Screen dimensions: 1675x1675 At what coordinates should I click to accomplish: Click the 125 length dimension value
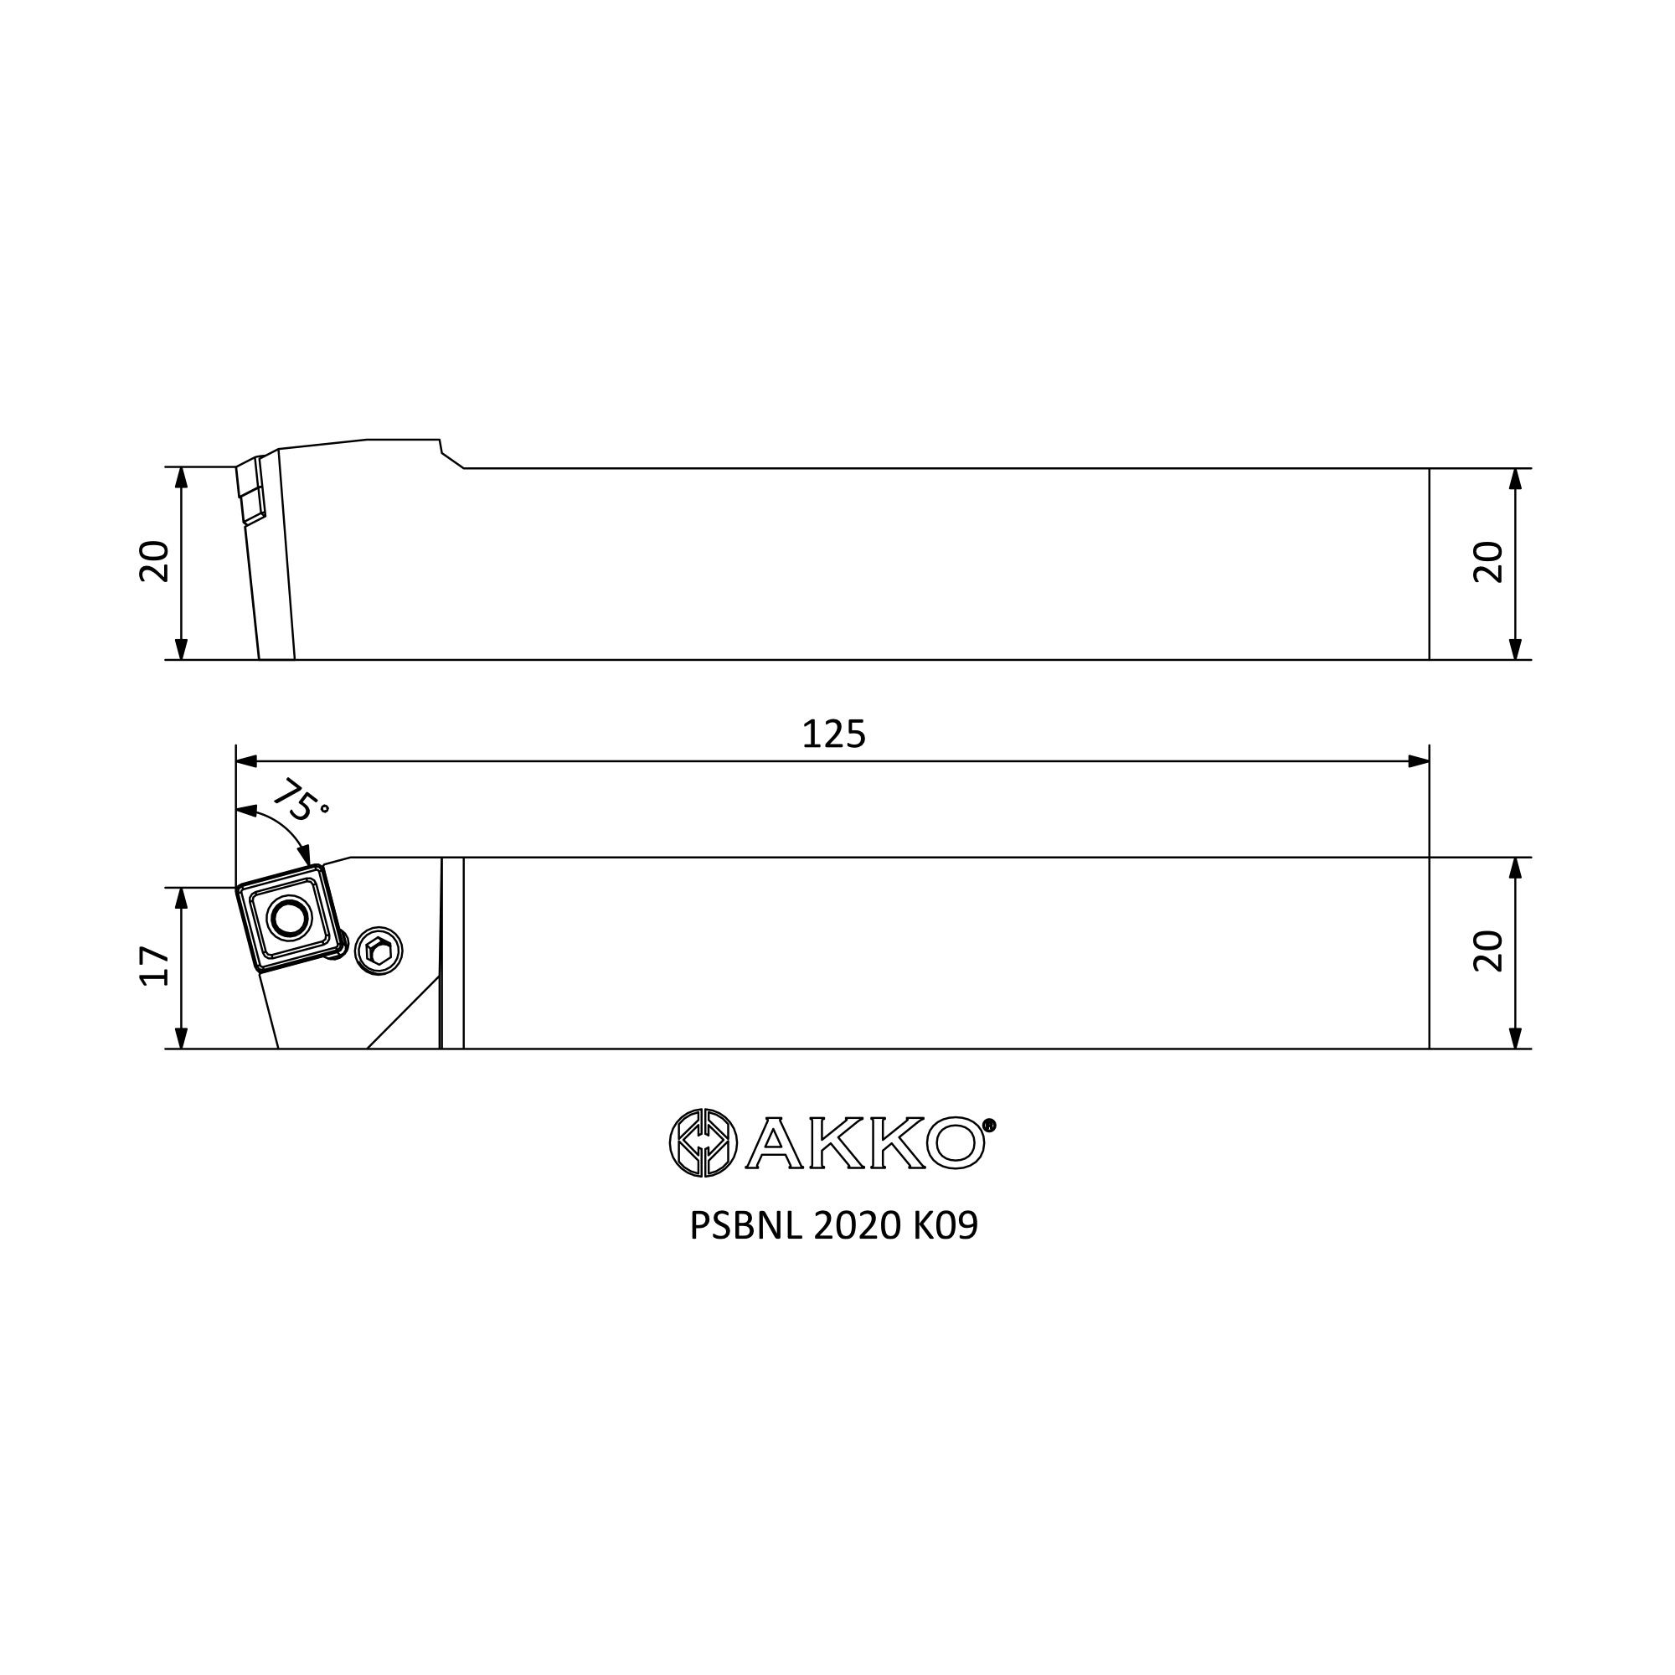pos(834,734)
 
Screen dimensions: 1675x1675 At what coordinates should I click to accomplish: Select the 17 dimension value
pos(154,966)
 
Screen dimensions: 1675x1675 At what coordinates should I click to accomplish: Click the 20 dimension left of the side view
pos(154,561)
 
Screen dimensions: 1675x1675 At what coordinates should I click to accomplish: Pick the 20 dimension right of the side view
pos(1488,562)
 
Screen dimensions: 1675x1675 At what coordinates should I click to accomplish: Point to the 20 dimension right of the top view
pos(1488,951)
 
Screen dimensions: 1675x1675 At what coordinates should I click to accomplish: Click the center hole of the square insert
pos(289,918)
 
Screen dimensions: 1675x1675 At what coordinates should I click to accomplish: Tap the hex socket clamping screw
pos(379,951)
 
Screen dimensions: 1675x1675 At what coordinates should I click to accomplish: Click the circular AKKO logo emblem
pos(703,1142)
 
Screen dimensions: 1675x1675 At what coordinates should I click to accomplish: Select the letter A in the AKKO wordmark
pos(773,1143)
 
